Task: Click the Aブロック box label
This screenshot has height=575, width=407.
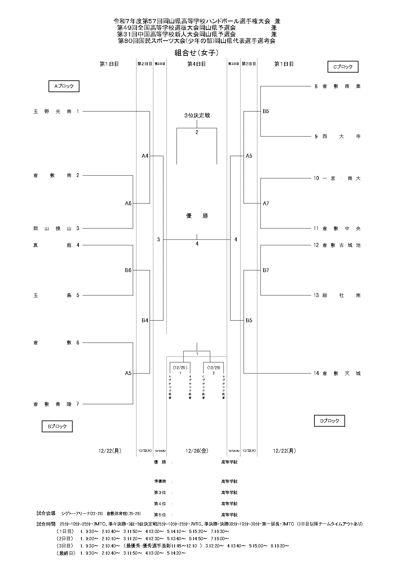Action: [64, 87]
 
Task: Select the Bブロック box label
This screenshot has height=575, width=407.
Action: [57, 426]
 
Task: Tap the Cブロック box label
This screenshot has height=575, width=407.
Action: [343, 67]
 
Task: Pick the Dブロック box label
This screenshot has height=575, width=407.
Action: [330, 421]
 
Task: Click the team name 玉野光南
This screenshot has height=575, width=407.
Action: [53, 111]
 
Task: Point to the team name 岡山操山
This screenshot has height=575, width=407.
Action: [53, 228]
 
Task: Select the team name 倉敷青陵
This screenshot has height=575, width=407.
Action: [53, 404]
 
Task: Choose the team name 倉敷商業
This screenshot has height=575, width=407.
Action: [341, 87]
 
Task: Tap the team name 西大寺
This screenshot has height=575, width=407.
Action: [341, 136]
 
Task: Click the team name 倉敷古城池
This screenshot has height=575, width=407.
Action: [341, 245]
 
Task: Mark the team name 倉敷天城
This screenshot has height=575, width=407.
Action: [341, 373]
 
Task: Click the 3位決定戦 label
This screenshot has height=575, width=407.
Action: [197, 115]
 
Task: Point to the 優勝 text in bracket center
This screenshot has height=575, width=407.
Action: [197, 216]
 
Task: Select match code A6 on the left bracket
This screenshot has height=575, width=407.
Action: [128, 203]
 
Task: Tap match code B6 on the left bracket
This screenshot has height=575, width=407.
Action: [128, 270]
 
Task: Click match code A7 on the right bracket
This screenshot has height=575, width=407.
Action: [266, 203]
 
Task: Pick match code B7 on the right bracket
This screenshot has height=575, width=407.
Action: [266, 270]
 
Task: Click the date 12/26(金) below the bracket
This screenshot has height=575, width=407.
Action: [197, 451]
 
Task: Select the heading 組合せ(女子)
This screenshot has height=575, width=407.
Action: [197, 53]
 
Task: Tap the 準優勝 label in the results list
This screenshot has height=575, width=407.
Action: [160, 481]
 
